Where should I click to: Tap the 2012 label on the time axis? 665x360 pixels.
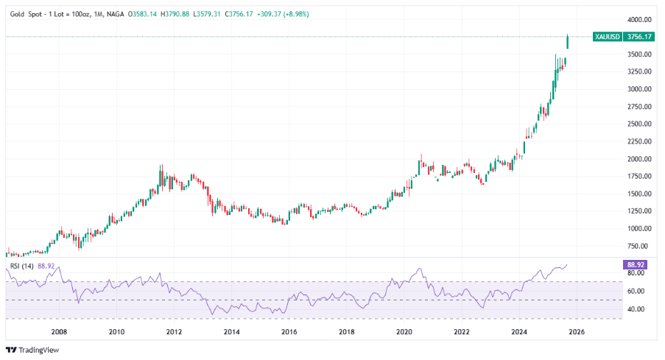pos(174,332)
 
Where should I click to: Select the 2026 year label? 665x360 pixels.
pos(577,332)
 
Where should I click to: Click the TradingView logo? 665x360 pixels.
pos(32,350)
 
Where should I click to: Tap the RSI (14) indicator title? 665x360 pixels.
pos(20,265)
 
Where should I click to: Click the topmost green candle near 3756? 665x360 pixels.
pos(568,42)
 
